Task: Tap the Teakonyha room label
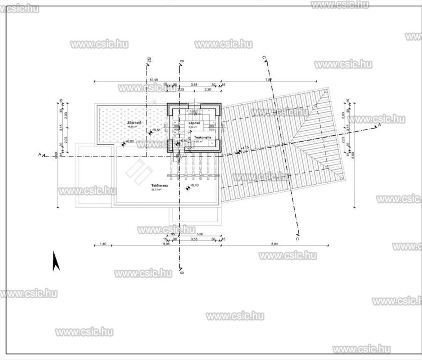point(202,138)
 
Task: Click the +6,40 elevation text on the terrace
point(195,185)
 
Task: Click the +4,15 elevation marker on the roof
point(239,152)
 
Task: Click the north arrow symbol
point(55,261)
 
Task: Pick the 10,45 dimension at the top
point(154,79)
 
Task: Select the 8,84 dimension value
point(274,244)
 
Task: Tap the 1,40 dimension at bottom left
point(103,244)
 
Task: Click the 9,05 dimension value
point(166,244)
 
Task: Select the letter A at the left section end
point(40,154)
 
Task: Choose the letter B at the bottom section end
point(182,273)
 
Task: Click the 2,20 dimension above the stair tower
point(208,89)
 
